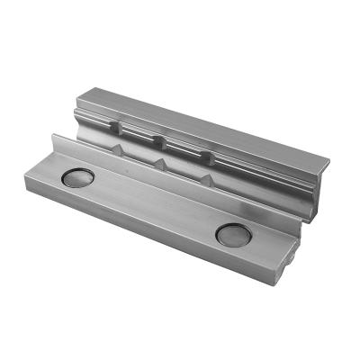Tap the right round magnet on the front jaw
[232, 235]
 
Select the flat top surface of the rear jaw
[207, 126]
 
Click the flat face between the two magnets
[153, 207]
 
